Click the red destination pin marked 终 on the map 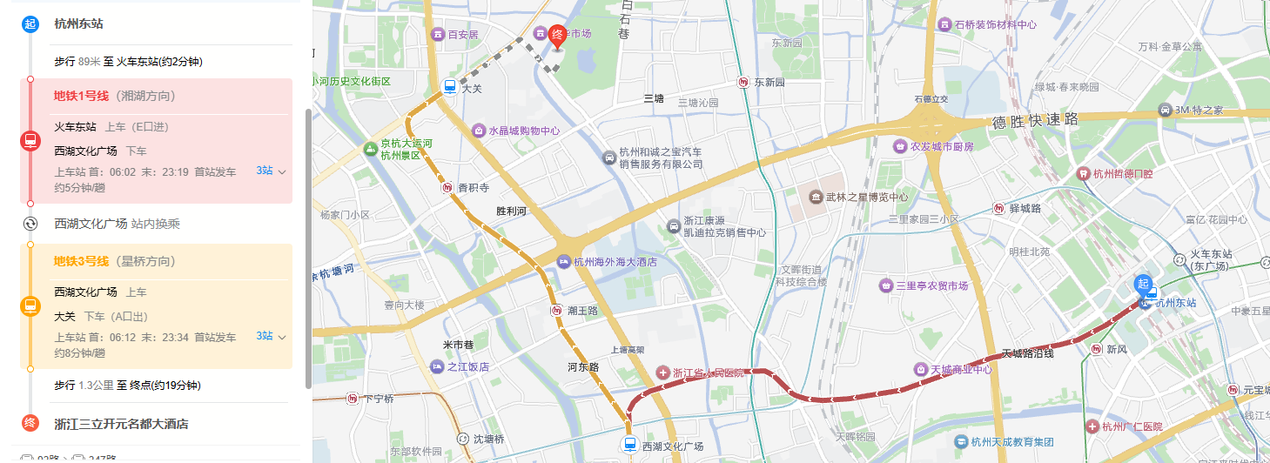[558, 36]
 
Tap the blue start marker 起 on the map [1143, 284]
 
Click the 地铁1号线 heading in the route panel [82, 96]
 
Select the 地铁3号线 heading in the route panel [82, 261]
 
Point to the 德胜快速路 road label [1035, 119]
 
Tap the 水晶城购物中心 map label [523, 131]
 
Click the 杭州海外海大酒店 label [615, 261]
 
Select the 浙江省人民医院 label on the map [708, 372]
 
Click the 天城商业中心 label [961, 369]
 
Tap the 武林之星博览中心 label [867, 197]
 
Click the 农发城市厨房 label [942, 146]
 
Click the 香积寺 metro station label [474, 187]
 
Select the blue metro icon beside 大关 [450, 86]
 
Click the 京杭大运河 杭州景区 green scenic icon [371, 150]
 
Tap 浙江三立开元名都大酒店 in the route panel [121, 424]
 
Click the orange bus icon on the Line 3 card [30, 305]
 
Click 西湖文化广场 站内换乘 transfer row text [117, 224]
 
